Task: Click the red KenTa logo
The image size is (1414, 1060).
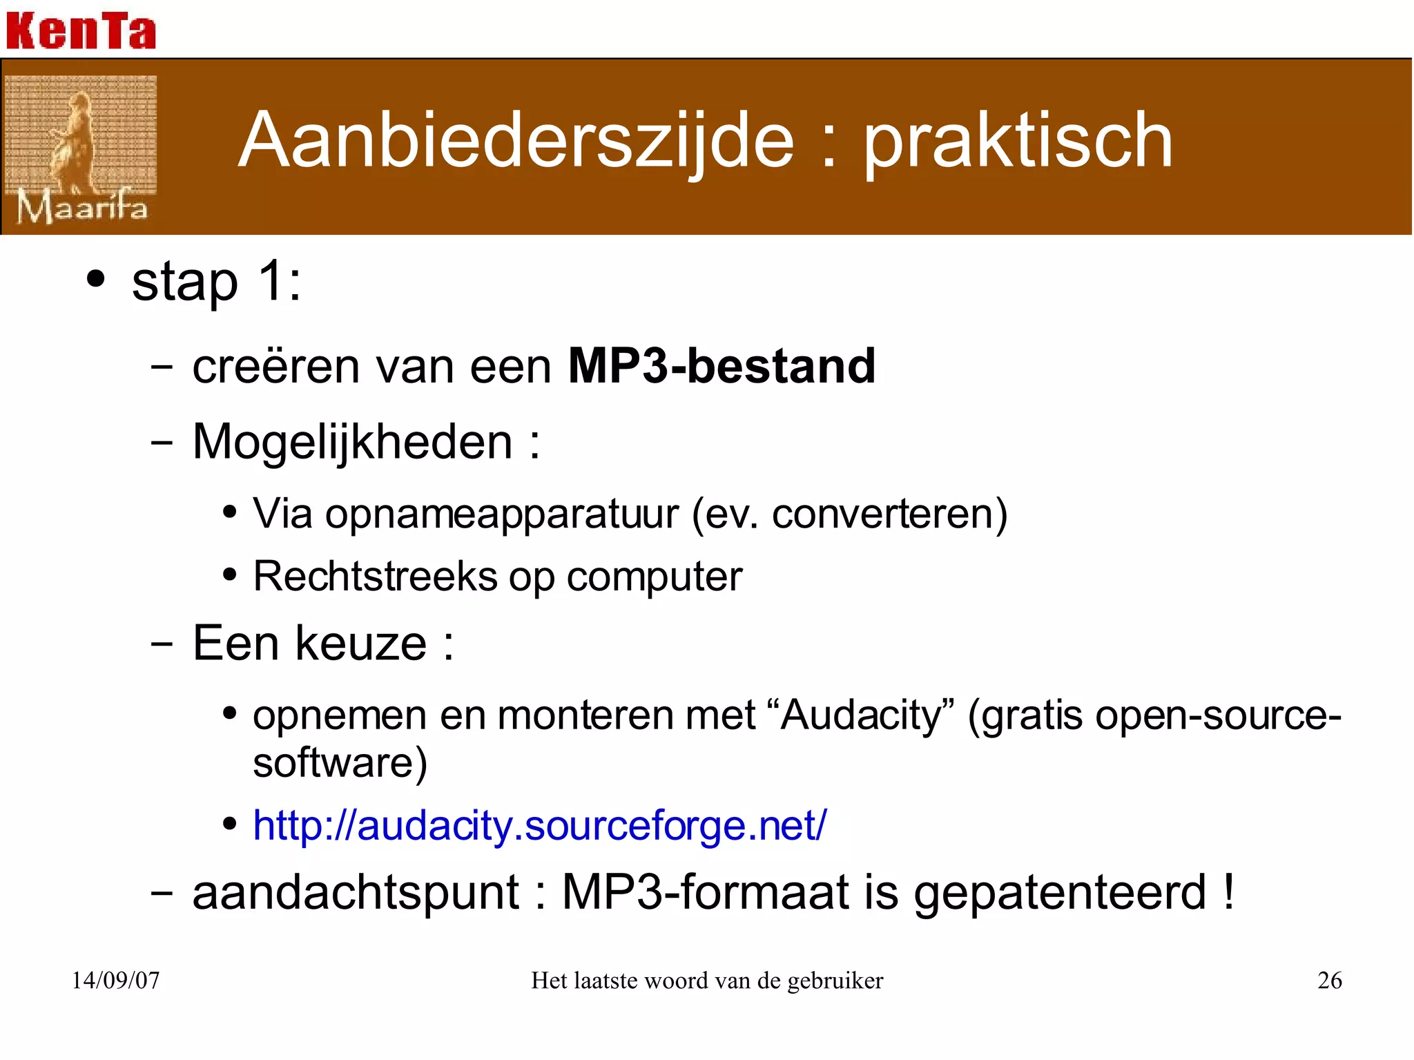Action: (81, 31)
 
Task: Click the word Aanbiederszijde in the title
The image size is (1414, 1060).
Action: (516, 142)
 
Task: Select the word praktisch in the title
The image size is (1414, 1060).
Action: (1018, 142)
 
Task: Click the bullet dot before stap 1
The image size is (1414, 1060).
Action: (96, 280)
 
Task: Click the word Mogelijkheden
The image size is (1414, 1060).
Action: (352, 442)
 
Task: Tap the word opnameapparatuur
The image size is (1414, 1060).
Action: (502, 514)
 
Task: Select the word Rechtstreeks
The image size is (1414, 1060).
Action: (375, 576)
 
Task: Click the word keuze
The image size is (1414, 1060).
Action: (361, 644)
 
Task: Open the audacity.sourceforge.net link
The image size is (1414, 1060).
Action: (539, 825)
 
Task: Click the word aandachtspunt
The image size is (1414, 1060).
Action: (356, 892)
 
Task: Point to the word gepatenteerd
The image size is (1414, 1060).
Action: (1060, 894)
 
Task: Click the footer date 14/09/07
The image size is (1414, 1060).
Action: (116, 980)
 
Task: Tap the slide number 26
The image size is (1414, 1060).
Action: (1329, 980)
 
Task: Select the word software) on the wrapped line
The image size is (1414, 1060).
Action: (340, 763)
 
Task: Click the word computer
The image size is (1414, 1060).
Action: (654, 577)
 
